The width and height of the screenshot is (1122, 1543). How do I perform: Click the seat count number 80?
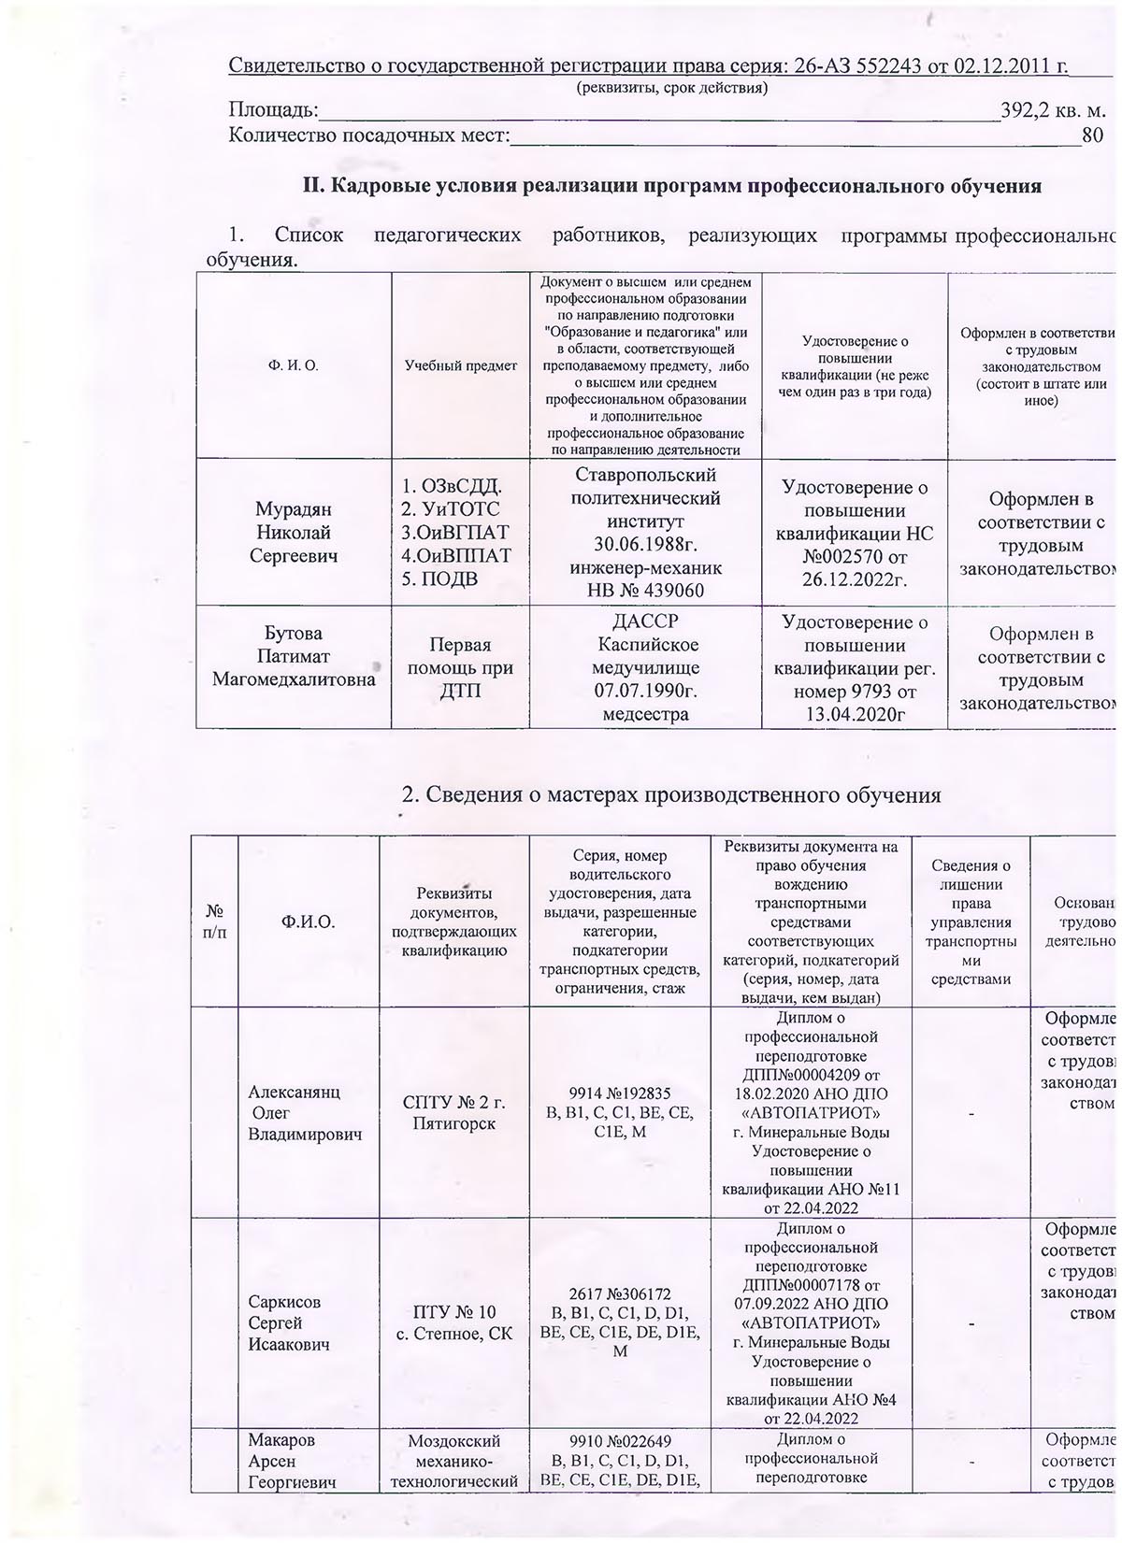1092,135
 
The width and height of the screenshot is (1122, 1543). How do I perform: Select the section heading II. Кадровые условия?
670,185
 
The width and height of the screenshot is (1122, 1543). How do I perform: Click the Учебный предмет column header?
460,365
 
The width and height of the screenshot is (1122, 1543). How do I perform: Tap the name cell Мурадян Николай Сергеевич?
295,533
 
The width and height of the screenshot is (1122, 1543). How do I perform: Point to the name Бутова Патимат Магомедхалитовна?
295,656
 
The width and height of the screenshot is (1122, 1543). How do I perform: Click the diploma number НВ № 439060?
645,590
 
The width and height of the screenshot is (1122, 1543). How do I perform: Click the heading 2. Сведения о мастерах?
670,795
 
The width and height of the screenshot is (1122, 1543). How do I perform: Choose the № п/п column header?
214,921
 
